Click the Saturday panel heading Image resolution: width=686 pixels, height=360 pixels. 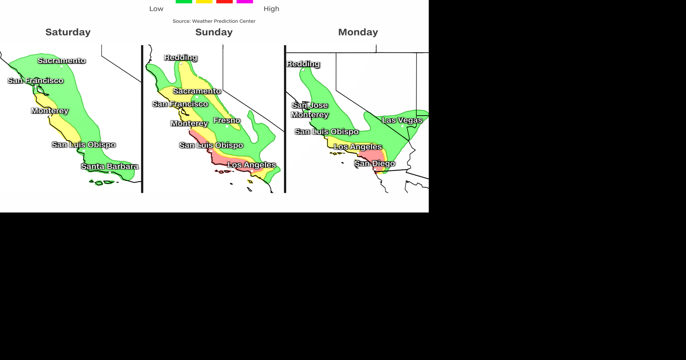click(68, 32)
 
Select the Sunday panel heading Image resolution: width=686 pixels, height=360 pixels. click(214, 32)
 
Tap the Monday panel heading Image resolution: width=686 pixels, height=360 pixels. click(358, 32)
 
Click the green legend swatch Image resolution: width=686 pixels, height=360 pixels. click(184, 1)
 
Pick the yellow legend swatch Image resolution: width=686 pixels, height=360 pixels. click(204, 1)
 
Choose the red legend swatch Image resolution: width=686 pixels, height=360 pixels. click(224, 1)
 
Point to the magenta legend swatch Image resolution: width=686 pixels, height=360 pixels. click(245, 1)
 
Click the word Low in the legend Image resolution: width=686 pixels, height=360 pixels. click(156, 9)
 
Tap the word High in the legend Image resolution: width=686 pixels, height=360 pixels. click(271, 9)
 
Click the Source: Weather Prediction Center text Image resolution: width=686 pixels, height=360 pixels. click(214, 21)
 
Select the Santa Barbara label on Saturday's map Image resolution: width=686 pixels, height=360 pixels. click(109, 166)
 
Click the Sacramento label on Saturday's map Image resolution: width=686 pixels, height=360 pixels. click(61, 61)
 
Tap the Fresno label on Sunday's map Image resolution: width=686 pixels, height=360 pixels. click(227, 120)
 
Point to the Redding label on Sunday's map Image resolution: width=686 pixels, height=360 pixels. click(180, 57)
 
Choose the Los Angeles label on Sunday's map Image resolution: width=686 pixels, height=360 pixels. click(252, 165)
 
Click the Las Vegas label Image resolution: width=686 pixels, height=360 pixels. click(402, 120)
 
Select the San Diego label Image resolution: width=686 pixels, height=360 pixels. click(374, 164)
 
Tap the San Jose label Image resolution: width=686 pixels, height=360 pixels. click(309, 105)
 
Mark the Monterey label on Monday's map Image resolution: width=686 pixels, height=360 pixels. click(309, 115)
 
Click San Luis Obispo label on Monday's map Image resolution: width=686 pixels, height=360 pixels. click(326, 132)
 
